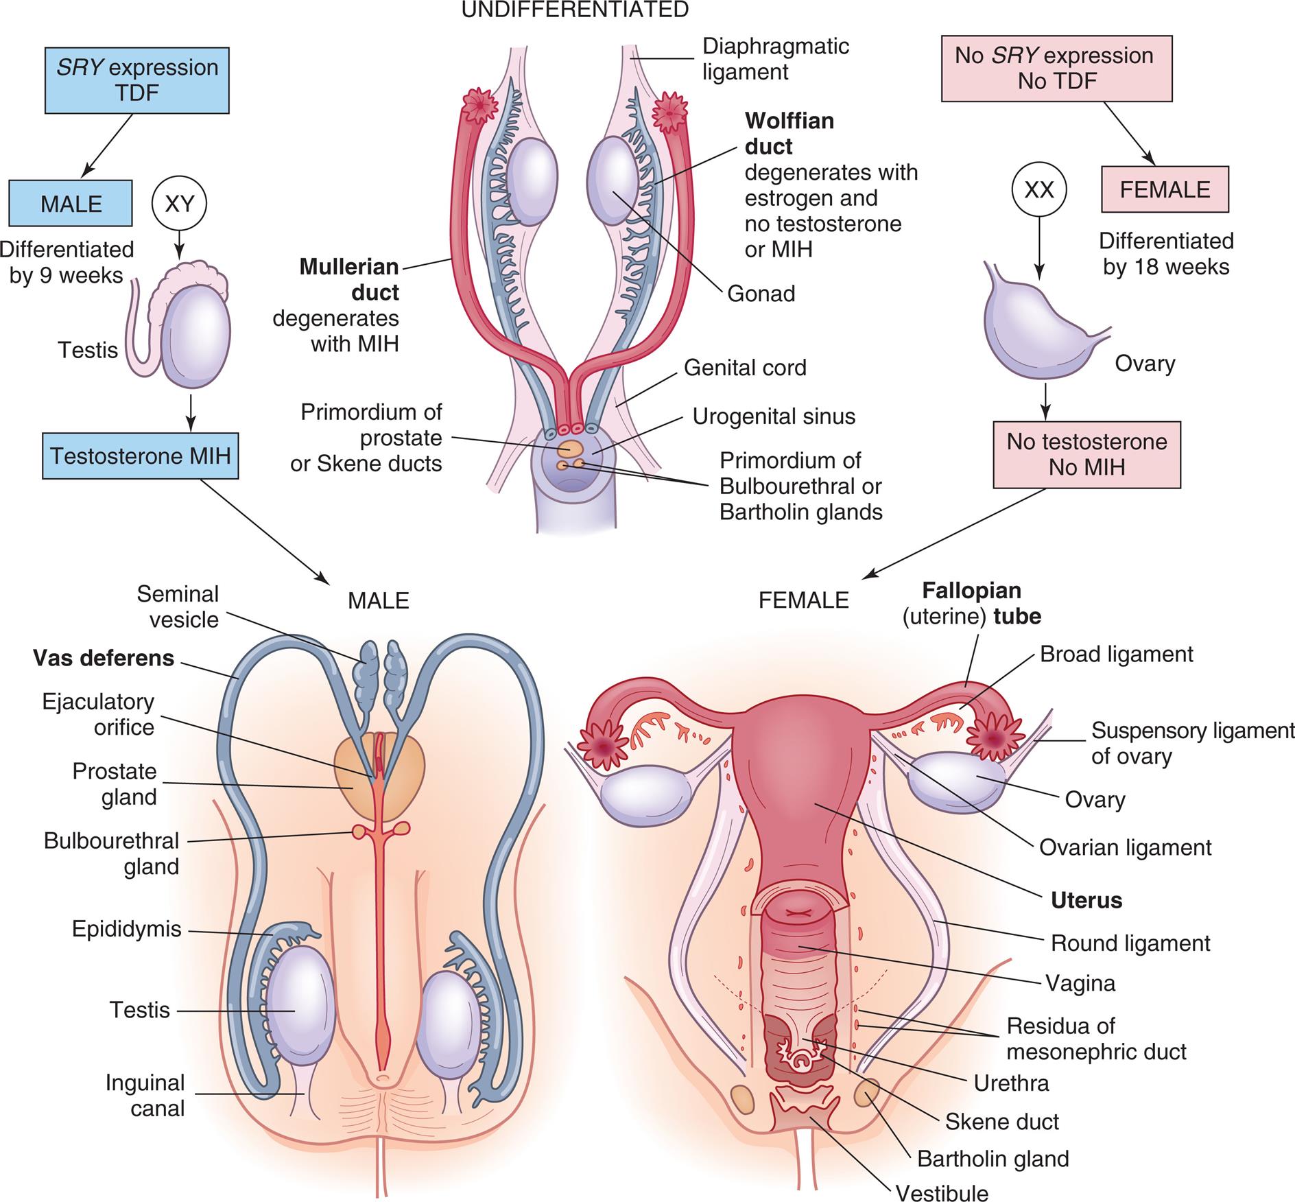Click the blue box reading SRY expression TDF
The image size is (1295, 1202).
tap(136, 80)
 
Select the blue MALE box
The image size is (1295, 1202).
tap(71, 203)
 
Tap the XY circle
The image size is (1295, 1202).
tap(179, 203)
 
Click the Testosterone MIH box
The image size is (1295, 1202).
tap(140, 456)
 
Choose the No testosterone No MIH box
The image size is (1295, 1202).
tap(1086, 454)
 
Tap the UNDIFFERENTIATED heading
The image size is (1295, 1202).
tap(575, 10)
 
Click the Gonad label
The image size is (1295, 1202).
tap(761, 294)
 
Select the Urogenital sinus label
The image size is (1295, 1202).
tap(774, 416)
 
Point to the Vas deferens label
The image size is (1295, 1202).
tap(104, 658)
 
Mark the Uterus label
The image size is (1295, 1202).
tap(1086, 900)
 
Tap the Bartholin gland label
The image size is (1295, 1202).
tap(993, 1159)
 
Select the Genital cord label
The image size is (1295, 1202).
tap(745, 368)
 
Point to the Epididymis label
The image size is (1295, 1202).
tap(127, 929)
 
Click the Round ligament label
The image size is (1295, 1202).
tap(1130, 943)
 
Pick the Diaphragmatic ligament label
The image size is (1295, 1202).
tap(775, 59)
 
